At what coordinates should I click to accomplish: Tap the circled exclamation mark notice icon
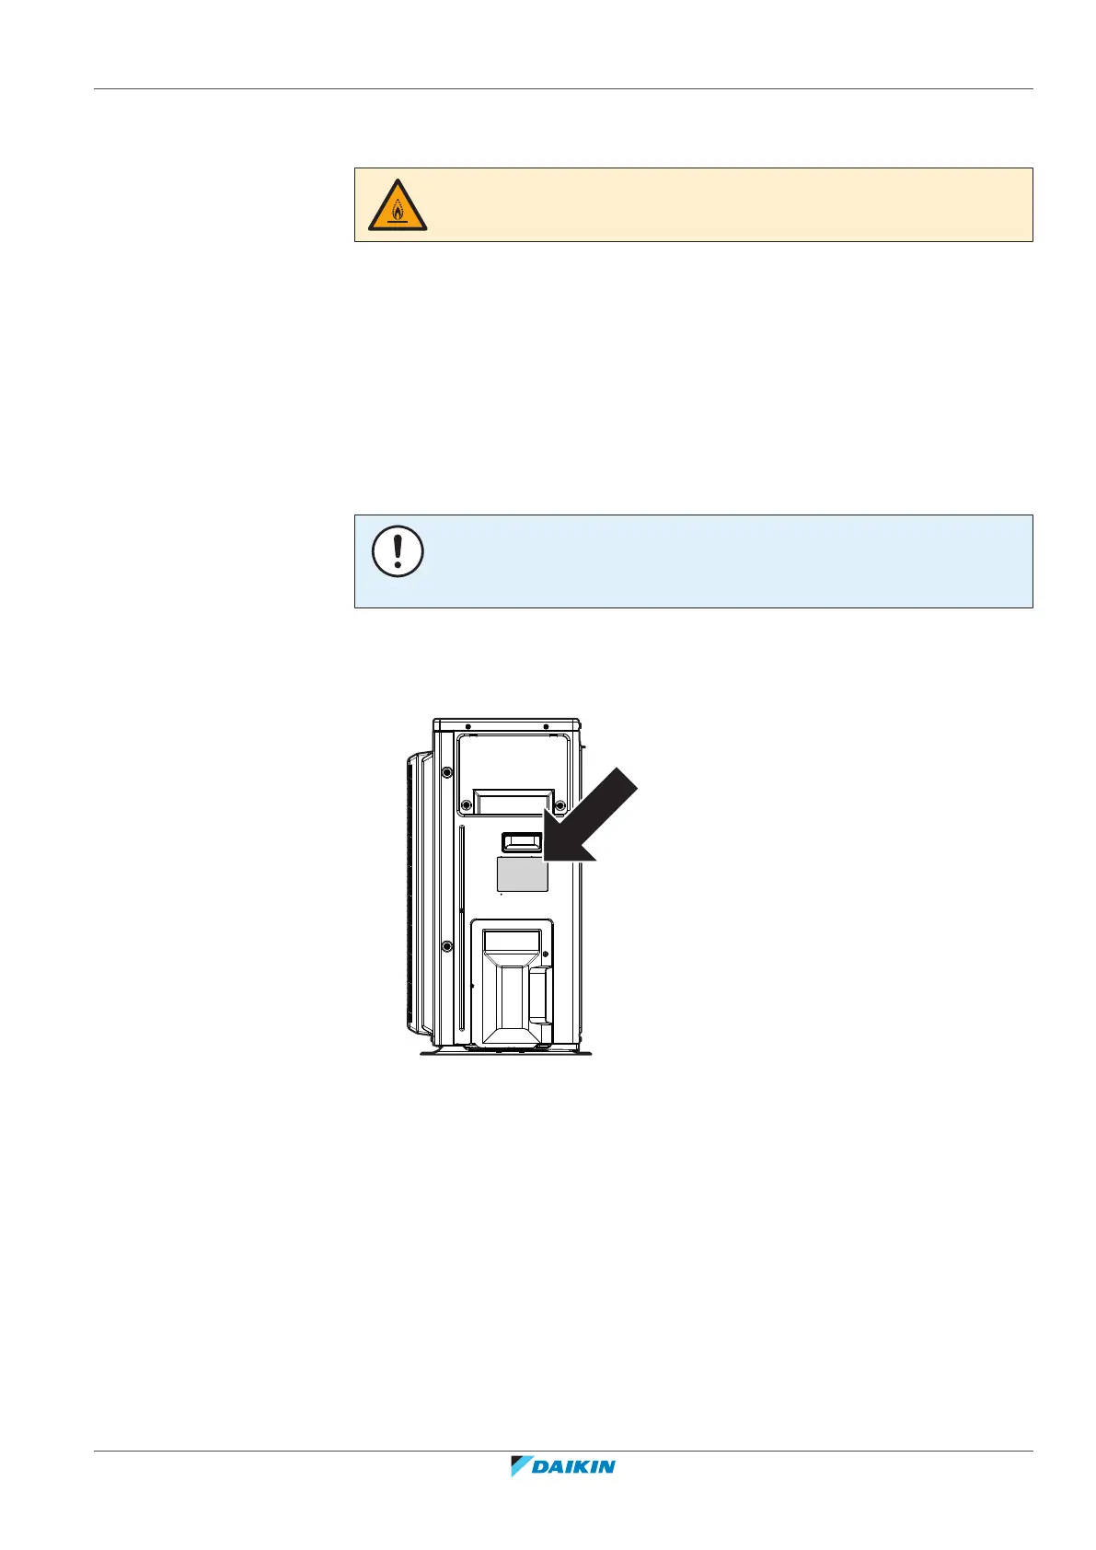[x=398, y=552]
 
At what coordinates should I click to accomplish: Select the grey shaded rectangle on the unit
[x=522, y=873]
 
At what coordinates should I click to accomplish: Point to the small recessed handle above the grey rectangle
[x=523, y=841]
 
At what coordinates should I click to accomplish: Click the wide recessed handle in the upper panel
[x=513, y=802]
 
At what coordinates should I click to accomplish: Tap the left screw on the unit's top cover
[x=468, y=727]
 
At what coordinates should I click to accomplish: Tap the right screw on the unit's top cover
[x=546, y=727]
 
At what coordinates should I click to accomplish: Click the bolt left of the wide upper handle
[x=467, y=805]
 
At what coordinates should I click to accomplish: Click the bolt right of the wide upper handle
[x=560, y=805]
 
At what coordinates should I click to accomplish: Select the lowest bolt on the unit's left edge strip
[x=447, y=946]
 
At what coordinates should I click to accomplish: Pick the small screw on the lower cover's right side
[x=546, y=954]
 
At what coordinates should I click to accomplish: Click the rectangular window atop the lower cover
[x=512, y=940]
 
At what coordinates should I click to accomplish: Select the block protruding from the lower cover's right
[x=540, y=994]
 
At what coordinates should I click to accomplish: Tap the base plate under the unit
[x=506, y=1051]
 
